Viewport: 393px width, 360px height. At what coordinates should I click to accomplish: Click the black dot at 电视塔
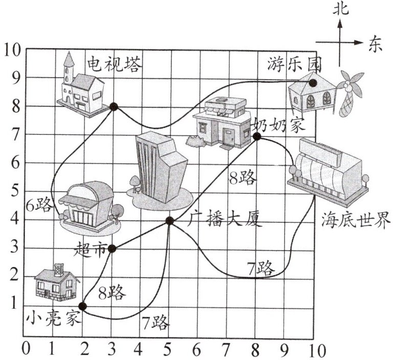point(113,106)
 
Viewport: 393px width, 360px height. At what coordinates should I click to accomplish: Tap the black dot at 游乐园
point(313,82)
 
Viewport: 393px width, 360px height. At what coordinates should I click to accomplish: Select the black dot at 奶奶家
point(257,136)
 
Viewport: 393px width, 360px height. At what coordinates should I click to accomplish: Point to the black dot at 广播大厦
point(170,221)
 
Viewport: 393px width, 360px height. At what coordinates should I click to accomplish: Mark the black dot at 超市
point(113,249)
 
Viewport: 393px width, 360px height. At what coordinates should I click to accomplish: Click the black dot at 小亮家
point(83,306)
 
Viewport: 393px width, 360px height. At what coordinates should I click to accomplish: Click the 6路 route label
point(39,206)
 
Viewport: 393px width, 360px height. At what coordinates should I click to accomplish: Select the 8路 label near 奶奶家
point(243,178)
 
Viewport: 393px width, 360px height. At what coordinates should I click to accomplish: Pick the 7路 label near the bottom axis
point(155,323)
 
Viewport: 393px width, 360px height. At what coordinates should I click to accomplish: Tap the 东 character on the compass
point(375,44)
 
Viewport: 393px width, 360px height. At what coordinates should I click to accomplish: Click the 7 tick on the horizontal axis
point(226,351)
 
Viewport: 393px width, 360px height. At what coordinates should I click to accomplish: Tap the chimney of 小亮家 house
point(59,268)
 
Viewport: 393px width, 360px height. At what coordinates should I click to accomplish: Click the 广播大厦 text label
point(225,220)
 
